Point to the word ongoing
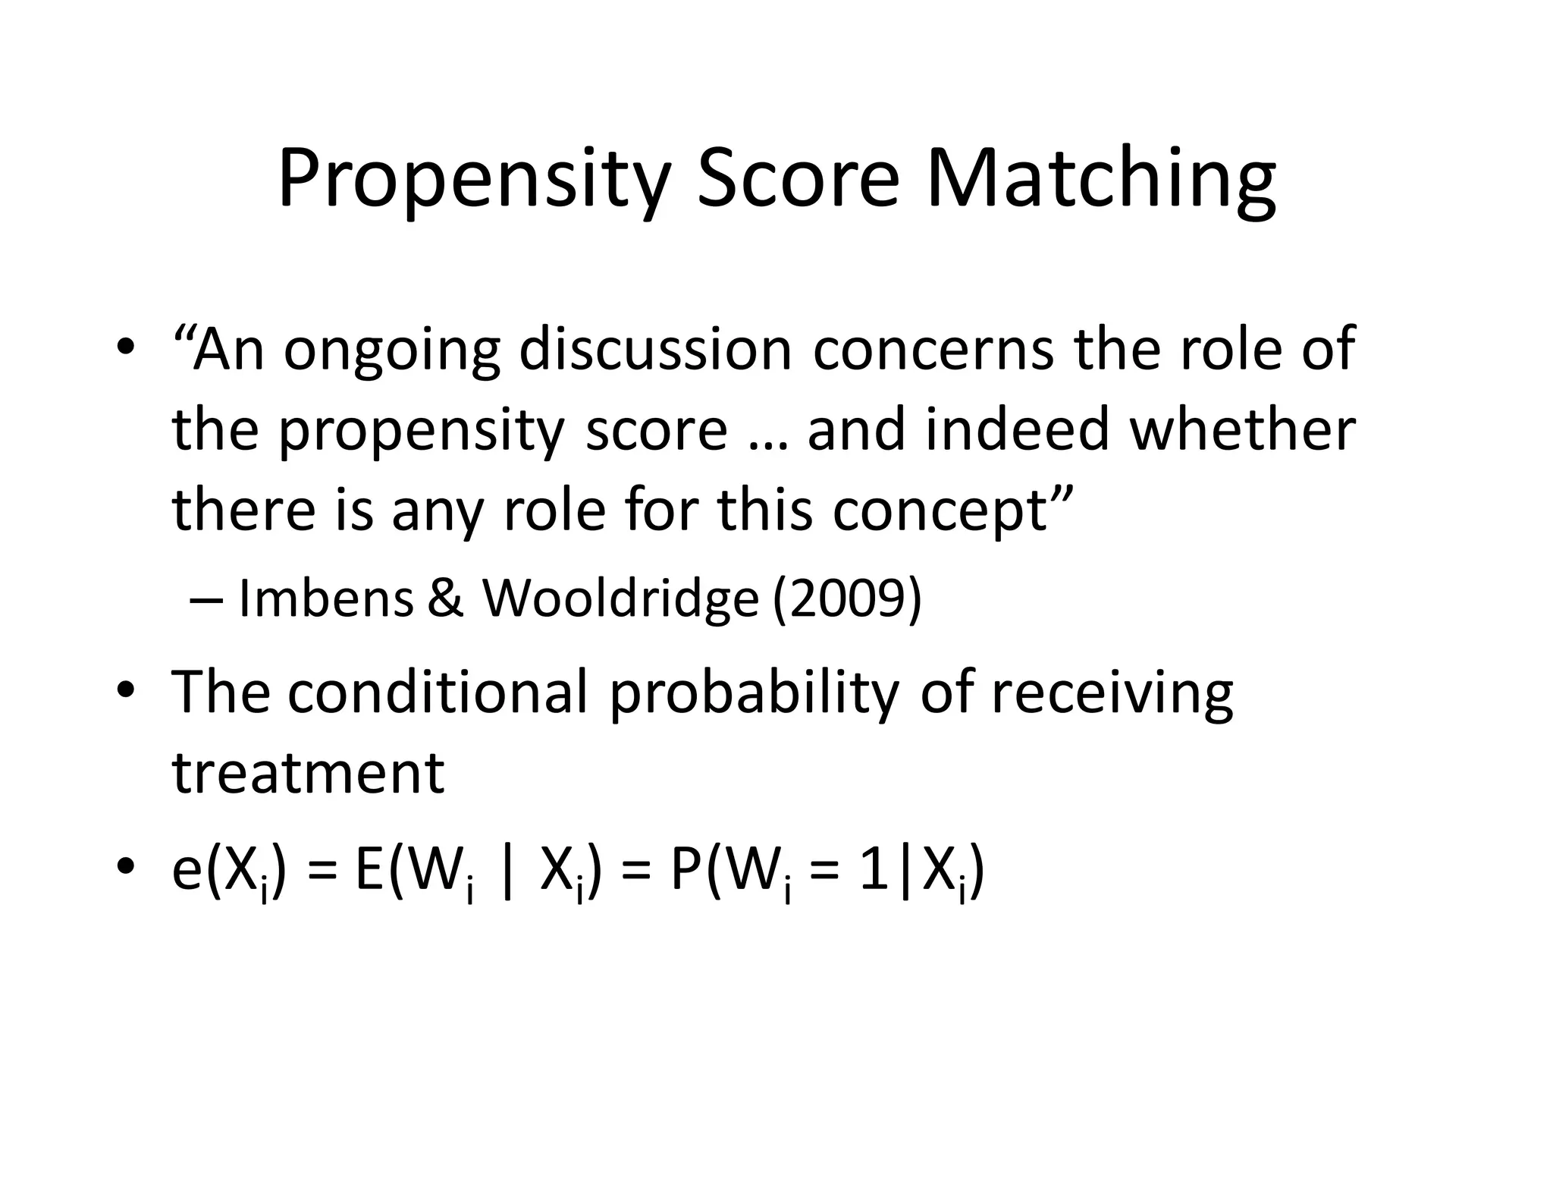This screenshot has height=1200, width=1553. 391,350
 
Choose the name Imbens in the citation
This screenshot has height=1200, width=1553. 326,598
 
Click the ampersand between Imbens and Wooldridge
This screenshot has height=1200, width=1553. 446,598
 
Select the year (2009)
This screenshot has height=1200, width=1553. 846,599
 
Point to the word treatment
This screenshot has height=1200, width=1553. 309,774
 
